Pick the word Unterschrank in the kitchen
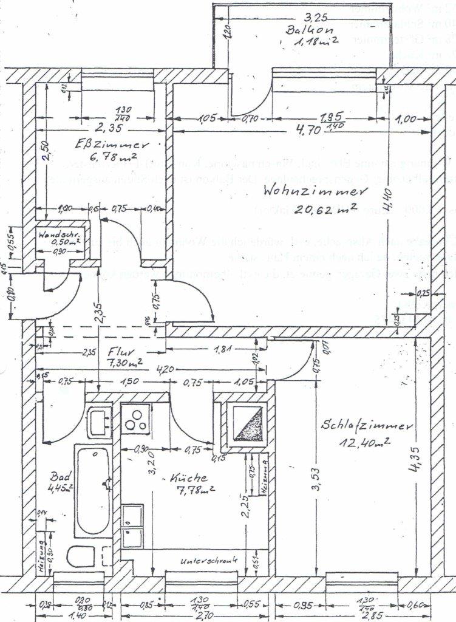click(x=208, y=560)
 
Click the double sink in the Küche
click(x=132, y=525)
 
